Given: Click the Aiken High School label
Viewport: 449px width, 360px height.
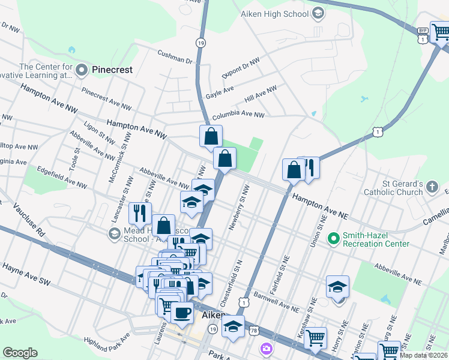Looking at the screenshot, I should [274, 13].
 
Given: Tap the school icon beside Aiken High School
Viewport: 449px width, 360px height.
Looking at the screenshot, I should [318, 13].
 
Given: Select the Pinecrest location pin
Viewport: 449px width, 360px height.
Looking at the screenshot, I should [82, 70].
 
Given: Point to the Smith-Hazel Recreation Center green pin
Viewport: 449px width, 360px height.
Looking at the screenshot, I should [334, 239].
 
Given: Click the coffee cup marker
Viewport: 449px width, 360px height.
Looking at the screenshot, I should [182, 312].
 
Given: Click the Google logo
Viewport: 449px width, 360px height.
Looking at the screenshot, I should [20, 352].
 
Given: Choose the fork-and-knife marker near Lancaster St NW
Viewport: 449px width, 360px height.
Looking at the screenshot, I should [139, 212].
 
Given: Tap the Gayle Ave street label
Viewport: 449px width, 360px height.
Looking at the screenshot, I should [220, 91].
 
